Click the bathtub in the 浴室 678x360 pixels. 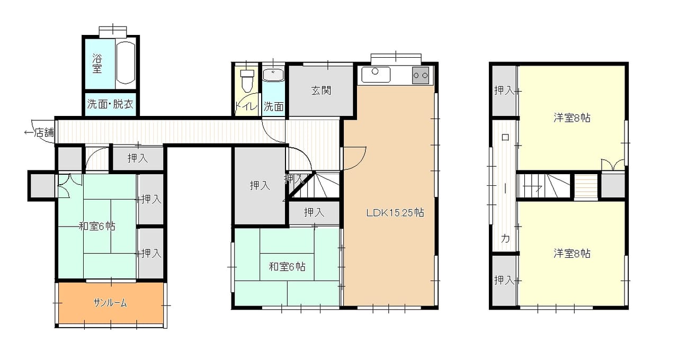point(126,62)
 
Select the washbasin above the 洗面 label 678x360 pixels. point(273,75)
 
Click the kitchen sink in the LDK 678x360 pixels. point(376,75)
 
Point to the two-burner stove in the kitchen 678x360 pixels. point(421,75)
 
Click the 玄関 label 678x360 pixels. point(321,91)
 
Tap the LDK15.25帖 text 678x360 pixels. point(395,213)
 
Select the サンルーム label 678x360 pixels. point(110,303)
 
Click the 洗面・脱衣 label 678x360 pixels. point(110,104)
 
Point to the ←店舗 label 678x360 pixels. point(39,132)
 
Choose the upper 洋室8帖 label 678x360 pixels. point(572,118)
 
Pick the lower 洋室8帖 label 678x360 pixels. point(572,254)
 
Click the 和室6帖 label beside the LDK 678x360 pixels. point(287,267)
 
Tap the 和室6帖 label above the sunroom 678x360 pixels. point(97,226)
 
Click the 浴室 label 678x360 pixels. point(97,64)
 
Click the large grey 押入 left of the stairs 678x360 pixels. point(260,185)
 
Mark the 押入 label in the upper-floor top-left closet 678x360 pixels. point(504,90)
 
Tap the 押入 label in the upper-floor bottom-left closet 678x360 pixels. point(504,280)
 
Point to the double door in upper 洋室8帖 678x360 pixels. point(613,165)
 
